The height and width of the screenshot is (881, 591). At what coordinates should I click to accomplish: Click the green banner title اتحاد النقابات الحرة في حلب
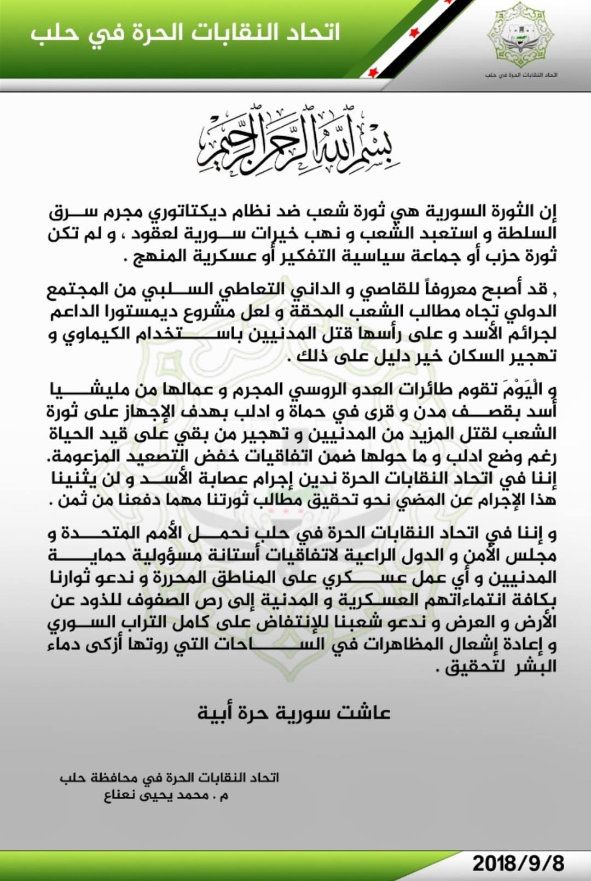point(185,32)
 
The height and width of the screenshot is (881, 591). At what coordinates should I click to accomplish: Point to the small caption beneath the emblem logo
point(520,74)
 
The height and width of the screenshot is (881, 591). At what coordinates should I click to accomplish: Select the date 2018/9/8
point(518,864)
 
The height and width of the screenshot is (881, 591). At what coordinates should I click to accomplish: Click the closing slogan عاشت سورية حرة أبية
point(294,713)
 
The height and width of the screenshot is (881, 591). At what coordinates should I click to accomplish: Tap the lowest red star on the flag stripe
point(374,72)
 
